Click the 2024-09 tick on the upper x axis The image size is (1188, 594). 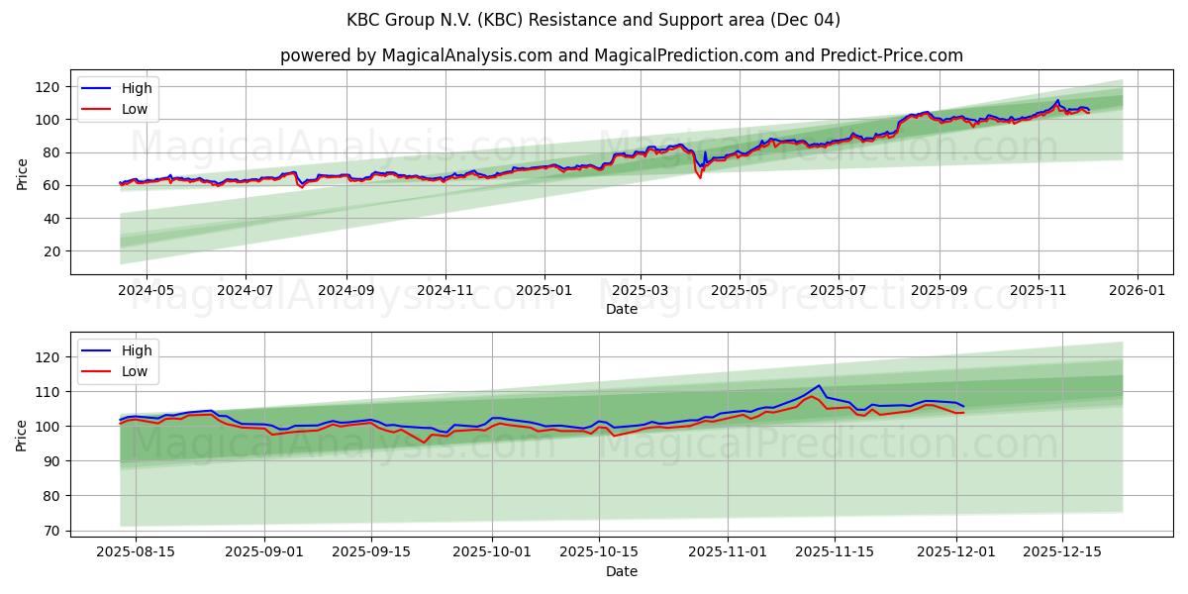coord(346,292)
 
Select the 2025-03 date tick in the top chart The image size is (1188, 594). coord(641,292)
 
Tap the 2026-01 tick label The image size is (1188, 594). coord(1137,292)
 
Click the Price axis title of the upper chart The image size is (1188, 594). coord(23,173)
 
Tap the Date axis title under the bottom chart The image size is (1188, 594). coord(621,571)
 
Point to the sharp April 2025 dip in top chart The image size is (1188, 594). coord(700,176)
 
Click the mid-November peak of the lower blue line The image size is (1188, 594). coord(819,385)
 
